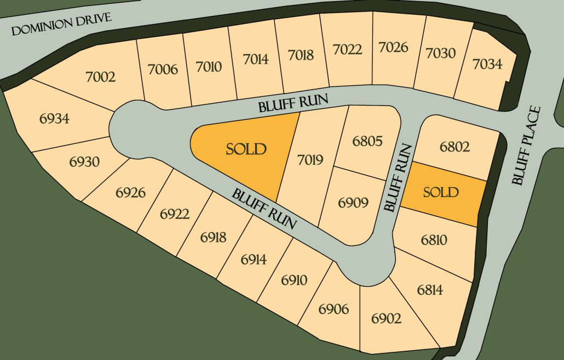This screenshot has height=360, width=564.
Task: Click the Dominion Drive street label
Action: pos(61,25)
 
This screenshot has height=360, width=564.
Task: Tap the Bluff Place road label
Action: pos(526,146)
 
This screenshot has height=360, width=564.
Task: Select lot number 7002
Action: pos(101,77)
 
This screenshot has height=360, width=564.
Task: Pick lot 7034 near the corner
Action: pos(487,64)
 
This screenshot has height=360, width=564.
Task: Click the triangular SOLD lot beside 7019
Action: pos(246,149)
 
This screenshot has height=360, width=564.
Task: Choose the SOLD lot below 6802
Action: pos(441,192)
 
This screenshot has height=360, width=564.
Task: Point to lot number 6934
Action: pos(54,118)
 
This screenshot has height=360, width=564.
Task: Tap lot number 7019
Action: pos(311,160)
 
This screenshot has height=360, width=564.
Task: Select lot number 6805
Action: pos(367,141)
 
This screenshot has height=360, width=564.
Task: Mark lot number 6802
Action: pos(454,147)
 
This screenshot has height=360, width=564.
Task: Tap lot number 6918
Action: pos(213,237)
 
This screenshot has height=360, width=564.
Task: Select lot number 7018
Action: pos(301,55)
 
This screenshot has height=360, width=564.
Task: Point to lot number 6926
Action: pos(131,193)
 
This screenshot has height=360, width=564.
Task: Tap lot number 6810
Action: pos(434,240)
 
